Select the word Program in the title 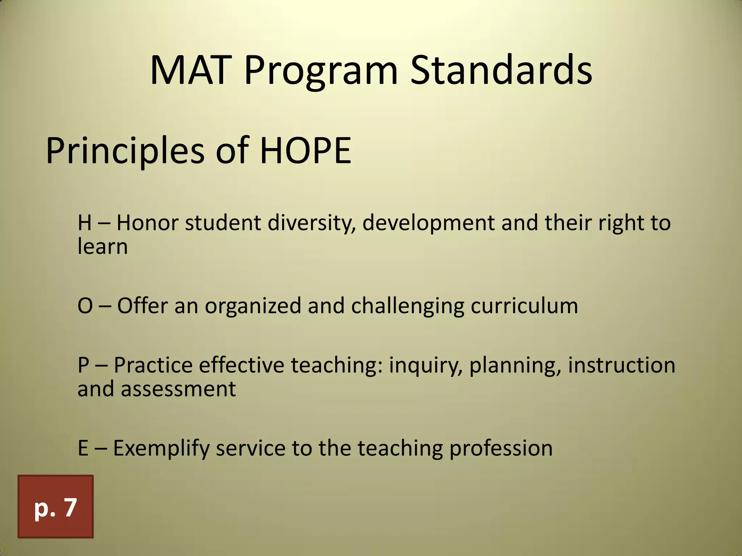pyautogui.click(x=321, y=72)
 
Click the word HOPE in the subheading pyautogui.click(x=305, y=150)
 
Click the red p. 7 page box pyautogui.click(x=55, y=506)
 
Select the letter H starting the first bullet pyautogui.click(x=84, y=223)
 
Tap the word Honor pyautogui.click(x=147, y=223)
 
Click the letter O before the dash pyautogui.click(x=85, y=306)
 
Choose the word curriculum pyautogui.click(x=524, y=306)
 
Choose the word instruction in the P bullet pyautogui.click(x=621, y=365)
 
